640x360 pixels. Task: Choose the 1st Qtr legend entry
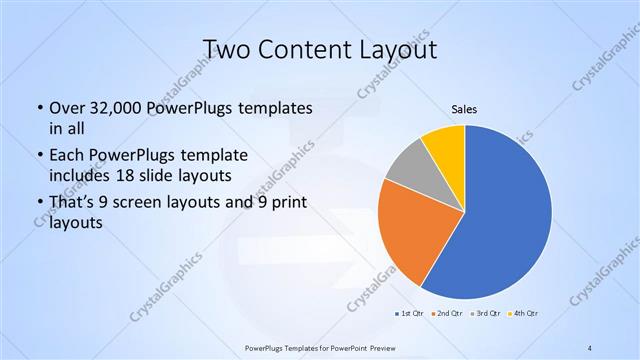[x=410, y=314]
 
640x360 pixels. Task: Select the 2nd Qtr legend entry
[x=447, y=314]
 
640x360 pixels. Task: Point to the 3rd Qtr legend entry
[x=485, y=314]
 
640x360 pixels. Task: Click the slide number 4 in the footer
[x=590, y=347]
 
